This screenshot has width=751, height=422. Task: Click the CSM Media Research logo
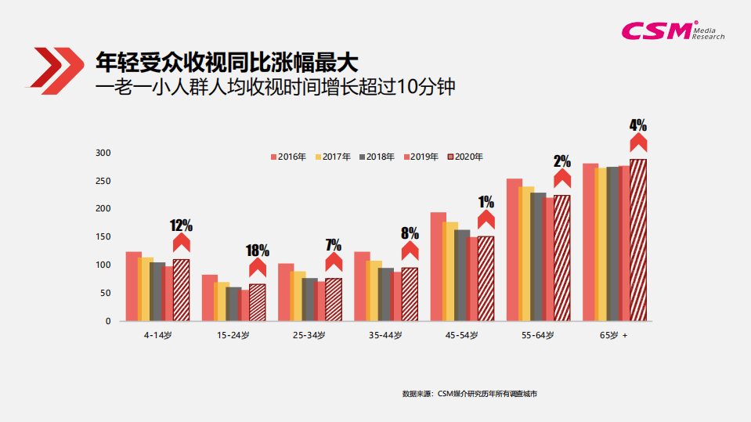pyautogui.click(x=672, y=30)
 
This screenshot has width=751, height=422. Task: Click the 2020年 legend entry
pyautogui.click(x=464, y=157)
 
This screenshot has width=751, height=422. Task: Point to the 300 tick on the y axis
pyautogui.click(x=103, y=153)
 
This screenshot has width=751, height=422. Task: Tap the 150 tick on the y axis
pyautogui.click(x=103, y=237)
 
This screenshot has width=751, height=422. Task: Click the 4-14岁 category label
pyautogui.click(x=157, y=335)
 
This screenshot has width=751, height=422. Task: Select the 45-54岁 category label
pyautogui.click(x=462, y=335)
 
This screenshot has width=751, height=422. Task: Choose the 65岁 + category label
pyautogui.click(x=614, y=335)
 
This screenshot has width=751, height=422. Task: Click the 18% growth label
pyautogui.click(x=258, y=251)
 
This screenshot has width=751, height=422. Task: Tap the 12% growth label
pyautogui.click(x=181, y=225)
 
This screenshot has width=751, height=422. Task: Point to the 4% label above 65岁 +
pyautogui.click(x=638, y=125)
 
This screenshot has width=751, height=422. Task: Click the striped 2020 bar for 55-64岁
pyautogui.click(x=562, y=258)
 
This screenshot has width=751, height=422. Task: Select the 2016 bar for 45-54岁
pyautogui.click(x=439, y=266)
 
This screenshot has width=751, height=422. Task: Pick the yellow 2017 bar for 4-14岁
pyautogui.click(x=146, y=289)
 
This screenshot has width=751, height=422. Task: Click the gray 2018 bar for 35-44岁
pyautogui.click(x=386, y=294)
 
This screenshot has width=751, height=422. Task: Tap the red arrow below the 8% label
pyautogui.click(x=410, y=251)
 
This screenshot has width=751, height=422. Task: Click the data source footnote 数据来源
pyautogui.click(x=469, y=393)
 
